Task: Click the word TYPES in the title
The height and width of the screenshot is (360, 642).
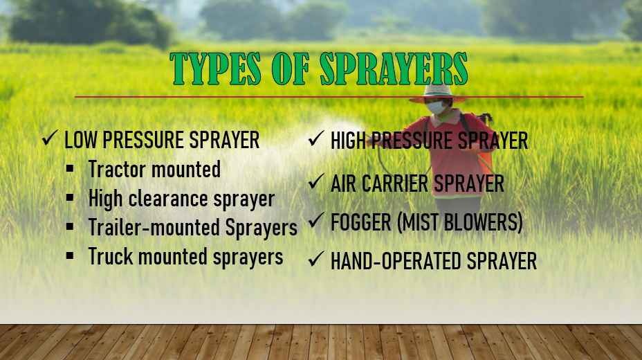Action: [215, 69]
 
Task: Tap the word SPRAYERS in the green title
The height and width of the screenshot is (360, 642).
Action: [394, 69]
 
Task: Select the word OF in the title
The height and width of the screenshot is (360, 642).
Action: [291, 69]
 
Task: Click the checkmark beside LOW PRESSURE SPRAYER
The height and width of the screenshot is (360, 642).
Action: [50, 138]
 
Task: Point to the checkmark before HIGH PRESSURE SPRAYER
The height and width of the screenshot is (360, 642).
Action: [316, 138]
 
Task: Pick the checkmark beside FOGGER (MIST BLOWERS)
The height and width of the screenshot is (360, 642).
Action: [316, 220]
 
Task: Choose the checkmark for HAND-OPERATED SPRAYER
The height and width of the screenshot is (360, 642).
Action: [316, 259]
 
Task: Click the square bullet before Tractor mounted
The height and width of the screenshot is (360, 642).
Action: [70, 168]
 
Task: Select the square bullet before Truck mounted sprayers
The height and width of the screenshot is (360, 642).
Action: [70, 256]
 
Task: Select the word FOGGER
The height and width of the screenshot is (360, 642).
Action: [360, 222]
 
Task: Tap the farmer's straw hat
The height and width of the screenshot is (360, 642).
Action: [438, 93]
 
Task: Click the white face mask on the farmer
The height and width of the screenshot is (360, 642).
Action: [436, 108]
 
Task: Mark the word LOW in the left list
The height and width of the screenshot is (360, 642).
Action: [81, 140]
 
